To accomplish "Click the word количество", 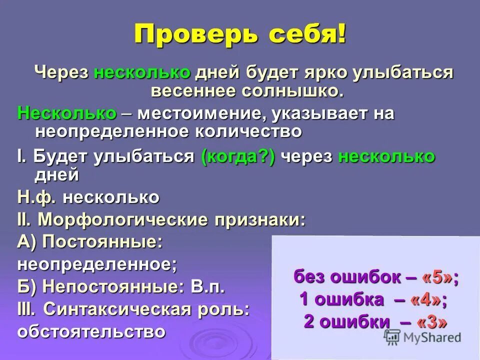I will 250,131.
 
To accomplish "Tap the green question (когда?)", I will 238,156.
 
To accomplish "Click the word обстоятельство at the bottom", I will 91,331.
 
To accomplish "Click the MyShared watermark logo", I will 423,337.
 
